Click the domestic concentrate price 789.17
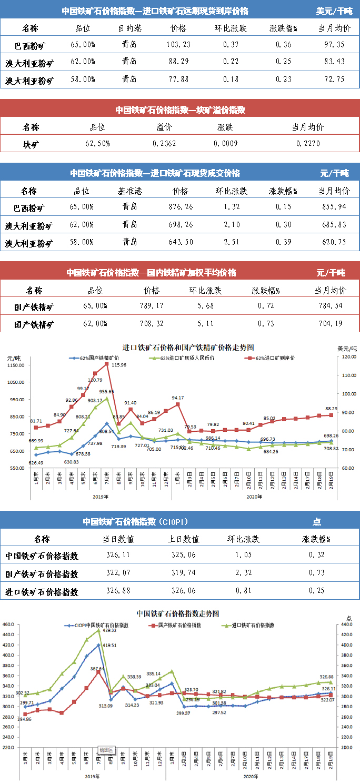click(x=152, y=306)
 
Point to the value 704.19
click(x=330, y=323)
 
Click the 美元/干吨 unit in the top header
click(x=334, y=11)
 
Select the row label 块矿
click(x=31, y=144)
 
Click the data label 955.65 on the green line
click(x=106, y=391)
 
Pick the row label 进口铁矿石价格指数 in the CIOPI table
click(x=42, y=591)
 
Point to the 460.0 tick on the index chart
click(x=9, y=625)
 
